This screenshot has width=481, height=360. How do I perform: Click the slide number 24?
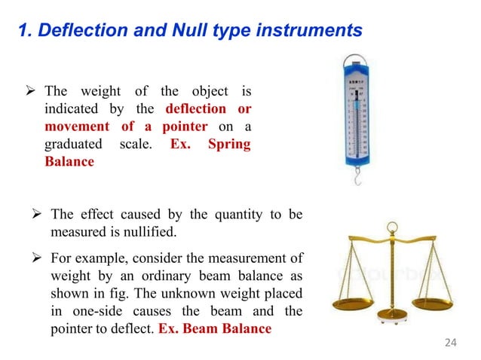coord(451,343)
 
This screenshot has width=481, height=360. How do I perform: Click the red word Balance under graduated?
coord(69,161)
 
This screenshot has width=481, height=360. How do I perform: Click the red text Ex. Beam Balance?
coord(215,328)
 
